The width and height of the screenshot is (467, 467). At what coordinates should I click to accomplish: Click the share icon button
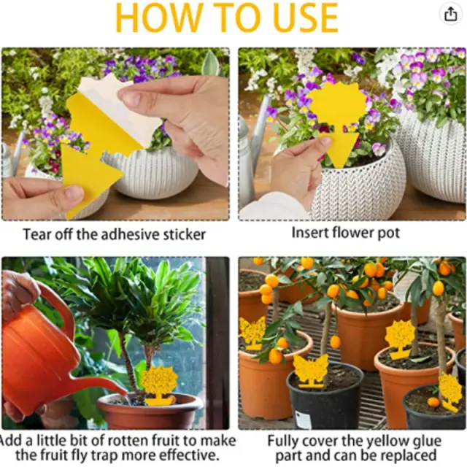point(451,14)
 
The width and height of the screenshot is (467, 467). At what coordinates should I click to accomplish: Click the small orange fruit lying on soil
point(433,402)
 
